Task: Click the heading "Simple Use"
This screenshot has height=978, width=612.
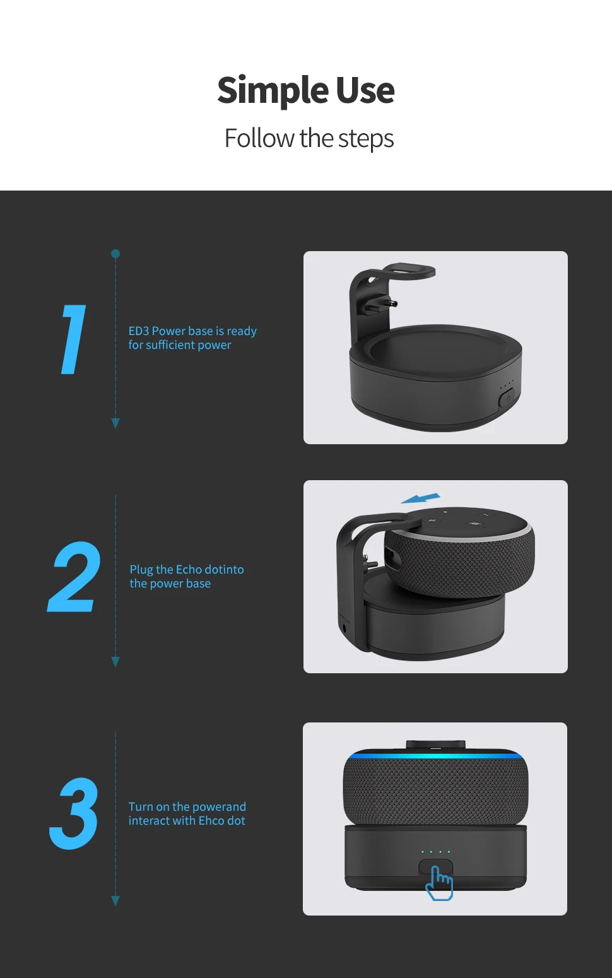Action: [306, 90]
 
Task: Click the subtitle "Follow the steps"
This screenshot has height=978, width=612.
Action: [309, 139]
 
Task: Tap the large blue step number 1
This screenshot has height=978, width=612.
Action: [74, 339]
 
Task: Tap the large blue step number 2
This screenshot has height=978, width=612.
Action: [74, 577]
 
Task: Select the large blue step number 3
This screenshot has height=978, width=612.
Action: [74, 814]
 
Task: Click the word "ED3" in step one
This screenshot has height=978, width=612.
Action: [139, 331]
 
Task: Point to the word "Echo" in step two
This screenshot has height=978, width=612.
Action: [189, 570]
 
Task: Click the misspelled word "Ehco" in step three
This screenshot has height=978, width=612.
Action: [211, 821]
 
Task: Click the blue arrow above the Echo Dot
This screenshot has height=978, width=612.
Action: [421, 498]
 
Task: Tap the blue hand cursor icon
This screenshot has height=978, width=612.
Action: [439, 883]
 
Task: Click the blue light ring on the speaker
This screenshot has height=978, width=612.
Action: [435, 755]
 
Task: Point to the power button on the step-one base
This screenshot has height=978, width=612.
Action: [506, 399]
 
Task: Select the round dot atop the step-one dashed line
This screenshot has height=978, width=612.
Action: [115, 254]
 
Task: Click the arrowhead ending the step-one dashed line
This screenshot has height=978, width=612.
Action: [115, 423]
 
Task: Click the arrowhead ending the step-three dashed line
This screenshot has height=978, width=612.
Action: [115, 901]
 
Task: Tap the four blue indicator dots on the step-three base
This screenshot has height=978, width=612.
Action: [435, 852]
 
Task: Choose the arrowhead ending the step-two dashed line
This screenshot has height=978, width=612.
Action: [115, 661]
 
